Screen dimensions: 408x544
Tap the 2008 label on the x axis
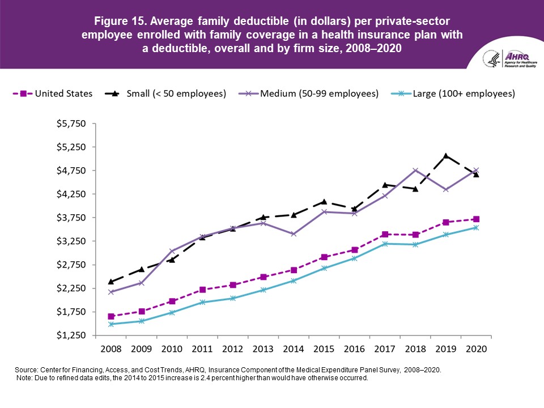[111, 347]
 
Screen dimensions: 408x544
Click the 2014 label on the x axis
[294, 347]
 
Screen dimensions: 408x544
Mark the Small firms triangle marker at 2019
[446, 156]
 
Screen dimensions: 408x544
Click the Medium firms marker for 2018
[415, 171]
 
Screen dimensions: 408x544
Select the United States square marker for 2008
[111, 316]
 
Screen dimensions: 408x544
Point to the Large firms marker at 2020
[476, 228]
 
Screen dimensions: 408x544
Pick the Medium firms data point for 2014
[294, 234]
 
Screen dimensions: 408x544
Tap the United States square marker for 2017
[385, 234]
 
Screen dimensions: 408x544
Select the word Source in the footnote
[27, 369]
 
